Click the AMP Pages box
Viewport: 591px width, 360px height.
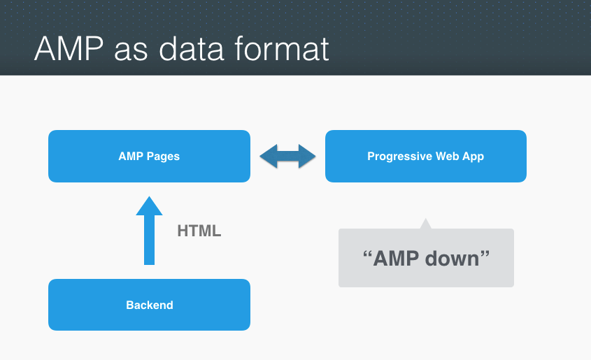click(x=149, y=156)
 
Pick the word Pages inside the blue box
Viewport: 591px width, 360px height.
click(x=162, y=157)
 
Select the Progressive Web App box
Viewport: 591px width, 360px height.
click(x=425, y=156)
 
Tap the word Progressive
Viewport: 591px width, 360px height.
click(x=396, y=157)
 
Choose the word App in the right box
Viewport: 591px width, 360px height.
click(x=473, y=157)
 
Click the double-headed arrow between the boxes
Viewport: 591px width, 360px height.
click(x=287, y=156)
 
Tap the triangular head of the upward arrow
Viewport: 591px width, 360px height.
click(x=149, y=206)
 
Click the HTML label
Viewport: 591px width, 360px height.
click(x=199, y=231)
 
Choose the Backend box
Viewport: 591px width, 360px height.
click(x=149, y=305)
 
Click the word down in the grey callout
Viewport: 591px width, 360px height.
click(x=455, y=258)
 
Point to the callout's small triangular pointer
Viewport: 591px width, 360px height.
click(x=425, y=224)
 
